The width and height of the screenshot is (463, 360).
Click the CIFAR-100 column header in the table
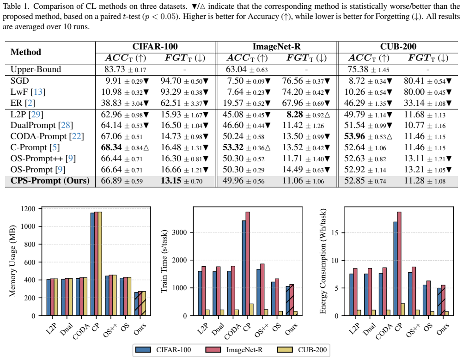coord(155,47)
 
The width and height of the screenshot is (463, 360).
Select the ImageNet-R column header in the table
coord(276,47)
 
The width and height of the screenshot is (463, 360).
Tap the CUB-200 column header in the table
coord(398,47)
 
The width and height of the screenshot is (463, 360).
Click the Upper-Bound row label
coord(36,69)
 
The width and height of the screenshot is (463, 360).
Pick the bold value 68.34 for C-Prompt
coord(112,147)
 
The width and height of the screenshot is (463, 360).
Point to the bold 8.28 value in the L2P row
coord(294,114)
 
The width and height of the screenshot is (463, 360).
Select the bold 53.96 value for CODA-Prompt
coord(354,136)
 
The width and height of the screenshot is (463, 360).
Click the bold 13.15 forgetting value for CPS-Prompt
coord(171,180)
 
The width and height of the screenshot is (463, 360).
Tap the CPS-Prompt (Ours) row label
coord(50,181)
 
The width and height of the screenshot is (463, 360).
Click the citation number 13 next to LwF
coord(38,92)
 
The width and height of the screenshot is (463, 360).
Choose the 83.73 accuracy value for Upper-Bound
coord(115,69)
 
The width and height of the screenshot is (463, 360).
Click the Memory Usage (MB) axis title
coord(12,261)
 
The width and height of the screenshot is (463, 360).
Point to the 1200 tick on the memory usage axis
coord(28,208)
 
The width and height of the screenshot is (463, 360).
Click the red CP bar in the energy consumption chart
coord(399,264)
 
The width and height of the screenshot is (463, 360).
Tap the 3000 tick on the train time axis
coord(179,232)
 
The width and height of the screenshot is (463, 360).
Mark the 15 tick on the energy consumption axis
coord(335,233)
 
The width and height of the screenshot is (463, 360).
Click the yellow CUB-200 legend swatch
coord(285,350)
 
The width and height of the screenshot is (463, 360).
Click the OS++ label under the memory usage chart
coord(110,330)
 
